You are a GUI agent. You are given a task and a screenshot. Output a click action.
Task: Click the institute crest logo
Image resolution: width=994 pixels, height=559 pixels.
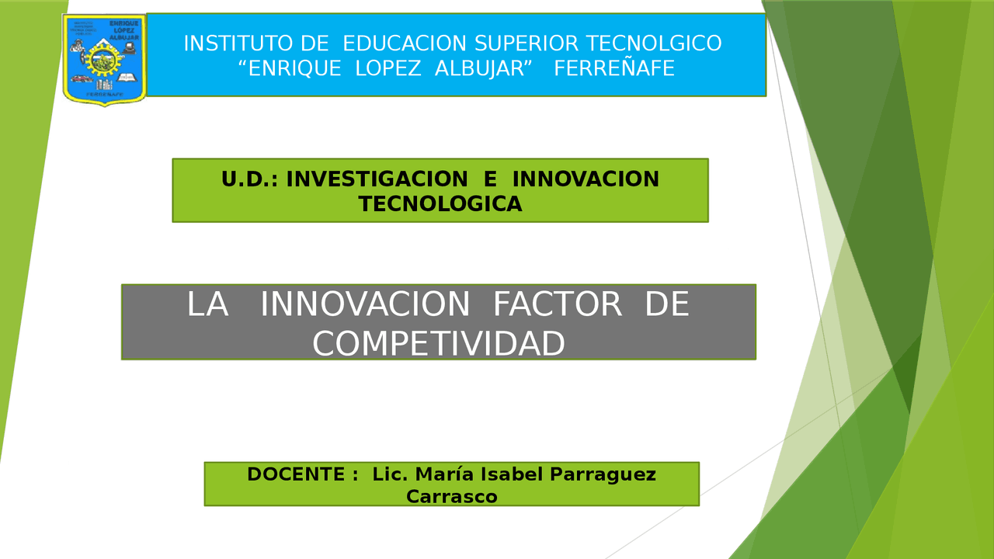click(104, 60)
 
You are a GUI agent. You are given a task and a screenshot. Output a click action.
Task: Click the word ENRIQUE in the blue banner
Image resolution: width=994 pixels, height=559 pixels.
click(289, 69)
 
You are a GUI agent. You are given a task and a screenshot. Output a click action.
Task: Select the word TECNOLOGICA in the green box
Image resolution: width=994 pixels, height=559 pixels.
click(440, 204)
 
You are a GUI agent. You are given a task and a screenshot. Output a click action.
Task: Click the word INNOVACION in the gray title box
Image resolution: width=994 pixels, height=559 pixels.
click(365, 305)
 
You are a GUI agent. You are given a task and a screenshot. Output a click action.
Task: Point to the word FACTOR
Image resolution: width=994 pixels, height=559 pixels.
click(558, 305)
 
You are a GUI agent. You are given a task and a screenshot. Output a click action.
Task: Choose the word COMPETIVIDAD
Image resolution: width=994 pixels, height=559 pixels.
click(439, 344)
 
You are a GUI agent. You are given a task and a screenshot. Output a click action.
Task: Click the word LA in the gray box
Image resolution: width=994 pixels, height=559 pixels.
click(207, 305)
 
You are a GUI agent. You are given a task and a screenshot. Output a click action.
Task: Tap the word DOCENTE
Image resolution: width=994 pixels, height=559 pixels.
click(296, 474)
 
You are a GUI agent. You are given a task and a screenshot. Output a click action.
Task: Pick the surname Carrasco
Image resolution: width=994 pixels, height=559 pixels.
click(452, 496)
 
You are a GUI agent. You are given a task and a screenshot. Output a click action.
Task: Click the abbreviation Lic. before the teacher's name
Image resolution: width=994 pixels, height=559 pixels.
click(391, 474)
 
